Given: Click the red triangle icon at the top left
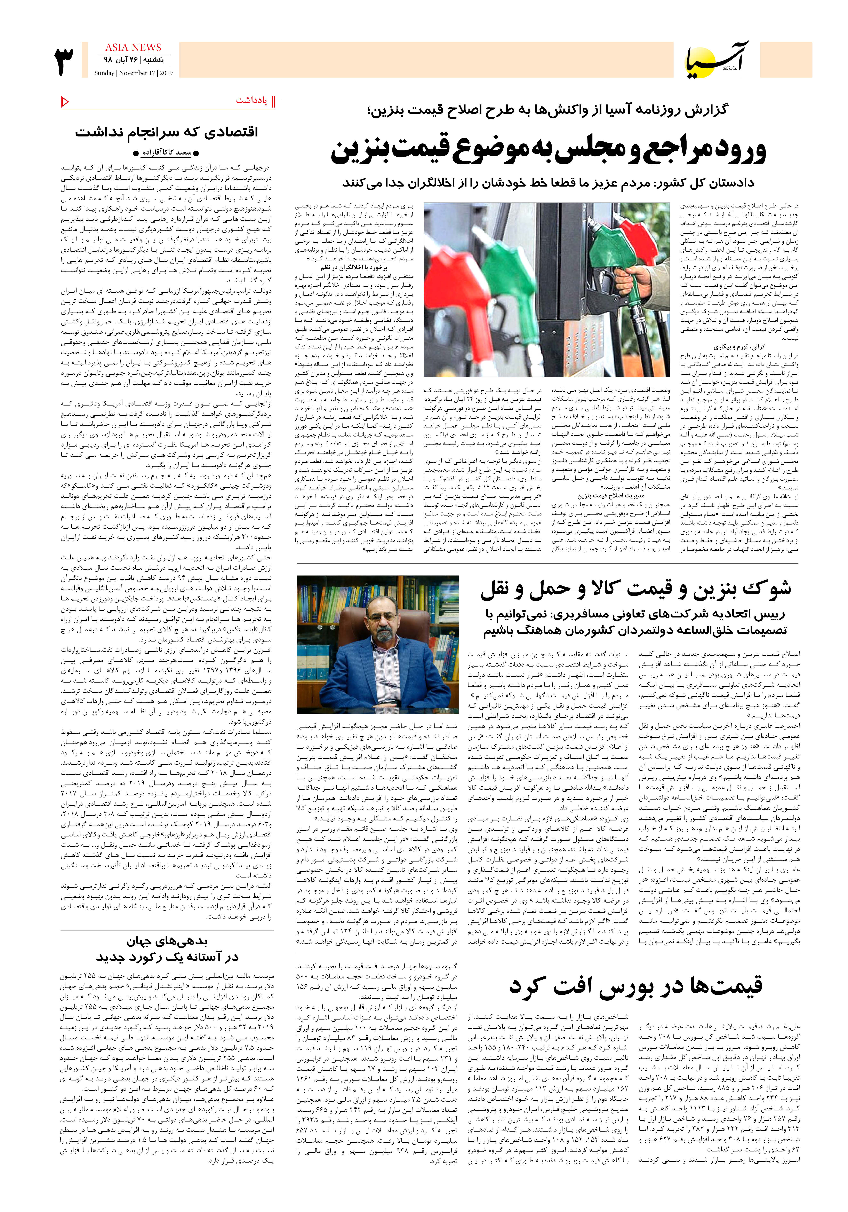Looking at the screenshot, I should tap(65, 101).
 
